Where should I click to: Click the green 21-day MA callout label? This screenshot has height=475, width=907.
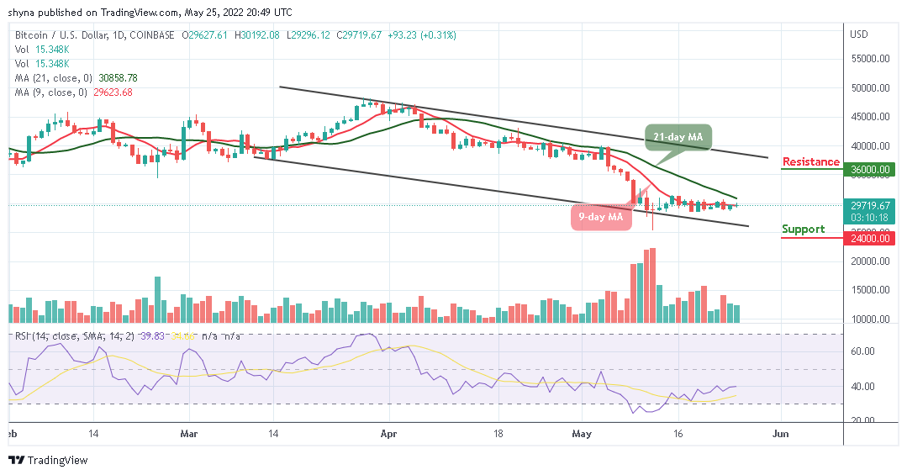pos(678,136)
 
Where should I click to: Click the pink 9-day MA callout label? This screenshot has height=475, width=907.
pos(600,217)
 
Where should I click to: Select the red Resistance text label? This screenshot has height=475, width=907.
pos(810,161)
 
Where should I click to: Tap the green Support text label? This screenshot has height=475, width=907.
pos(803,229)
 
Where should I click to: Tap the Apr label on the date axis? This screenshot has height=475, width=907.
pos(388,435)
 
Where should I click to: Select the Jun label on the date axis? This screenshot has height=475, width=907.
pos(781,435)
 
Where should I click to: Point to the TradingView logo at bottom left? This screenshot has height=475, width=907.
pos(48,460)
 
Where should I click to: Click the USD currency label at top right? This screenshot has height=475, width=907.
pos(859,34)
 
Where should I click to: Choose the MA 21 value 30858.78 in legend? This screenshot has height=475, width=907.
pos(118,77)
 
